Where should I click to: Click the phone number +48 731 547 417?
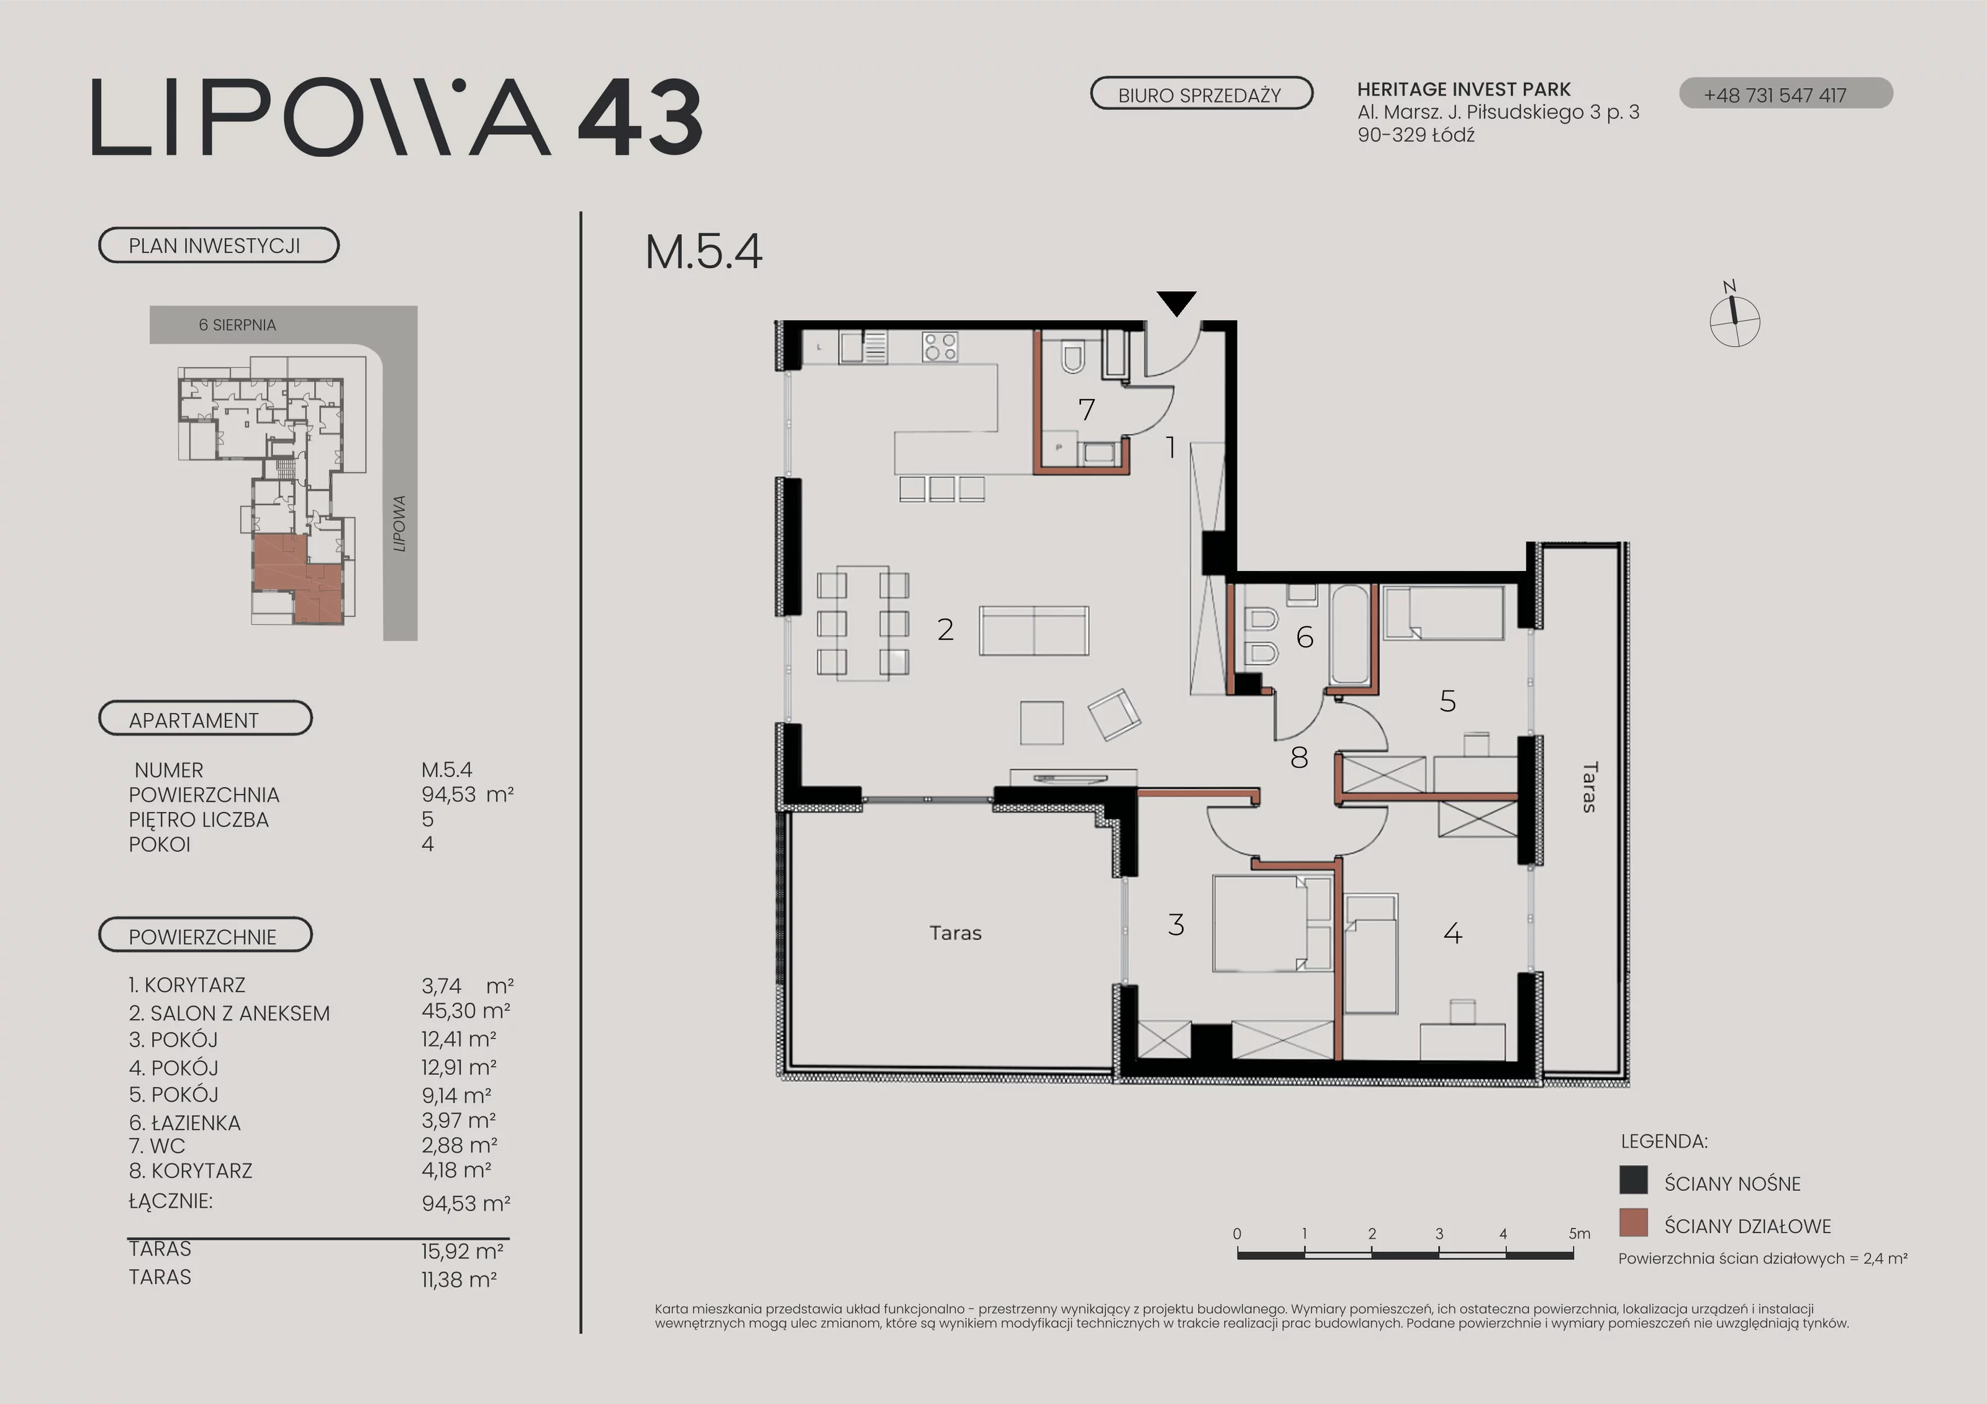click(x=1775, y=95)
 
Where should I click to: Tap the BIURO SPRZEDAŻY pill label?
click(x=1200, y=94)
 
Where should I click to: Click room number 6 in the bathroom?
click(x=1304, y=637)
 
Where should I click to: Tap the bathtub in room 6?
click(x=1349, y=636)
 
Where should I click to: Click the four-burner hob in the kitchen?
click(x=940, y=347)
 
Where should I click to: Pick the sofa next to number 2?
click(x=1034, y=631)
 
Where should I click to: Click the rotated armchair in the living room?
click(x=1115, y=714)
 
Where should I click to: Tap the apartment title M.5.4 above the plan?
click(x=703, y=252)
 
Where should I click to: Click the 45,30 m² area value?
click(x=466, y=1010)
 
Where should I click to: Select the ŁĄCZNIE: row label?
click(x=171, y=1200)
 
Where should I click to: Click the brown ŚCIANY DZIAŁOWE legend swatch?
click(x=1633, y=1222)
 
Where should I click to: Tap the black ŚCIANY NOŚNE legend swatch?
click(x=1633, y=1180)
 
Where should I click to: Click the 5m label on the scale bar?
click(x=1580, y=1233)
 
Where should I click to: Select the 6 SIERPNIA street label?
click(x=237, y=325)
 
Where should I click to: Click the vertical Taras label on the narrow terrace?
click(x=1590, y=786)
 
